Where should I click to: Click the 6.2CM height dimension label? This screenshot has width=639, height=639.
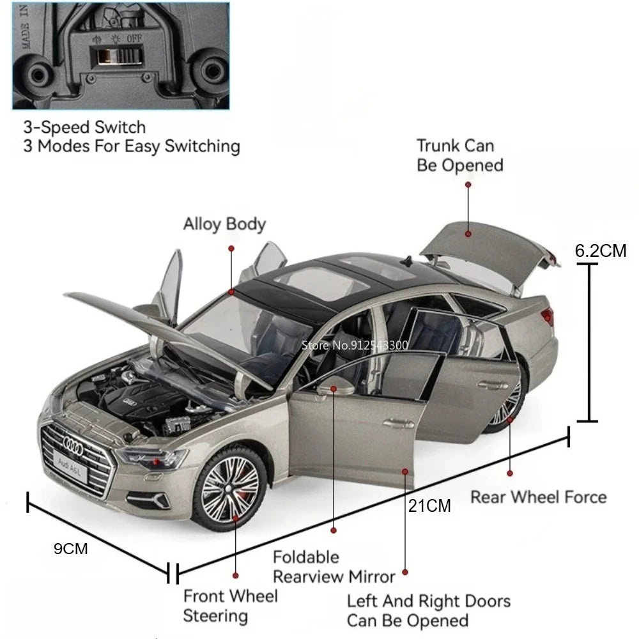click(600, 250)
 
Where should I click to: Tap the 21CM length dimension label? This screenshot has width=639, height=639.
click(429, 505)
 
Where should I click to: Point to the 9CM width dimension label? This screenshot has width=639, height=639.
click(70, 548)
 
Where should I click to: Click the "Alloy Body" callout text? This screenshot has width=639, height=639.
click(224, 224)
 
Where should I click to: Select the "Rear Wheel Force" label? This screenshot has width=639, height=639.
click(538, 497)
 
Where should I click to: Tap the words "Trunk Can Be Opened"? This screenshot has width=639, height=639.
click(459, 155)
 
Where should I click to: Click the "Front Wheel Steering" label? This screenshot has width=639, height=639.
click(230, 606)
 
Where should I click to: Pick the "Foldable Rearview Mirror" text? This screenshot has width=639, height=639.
click(334, 567)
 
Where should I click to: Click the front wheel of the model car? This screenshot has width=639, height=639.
click(230, 489)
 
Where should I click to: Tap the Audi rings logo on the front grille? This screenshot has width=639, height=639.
click(73, 446)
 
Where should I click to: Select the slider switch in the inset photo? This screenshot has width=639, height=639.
click(116, 55)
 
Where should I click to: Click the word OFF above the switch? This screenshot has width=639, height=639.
click(134, 39)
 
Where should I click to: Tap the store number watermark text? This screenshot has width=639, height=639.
click(355, 346)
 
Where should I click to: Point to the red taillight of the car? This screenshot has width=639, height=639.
click(548, 316)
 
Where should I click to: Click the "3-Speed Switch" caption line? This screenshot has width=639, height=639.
click(84, 128)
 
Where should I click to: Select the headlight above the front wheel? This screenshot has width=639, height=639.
click(153, 458)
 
